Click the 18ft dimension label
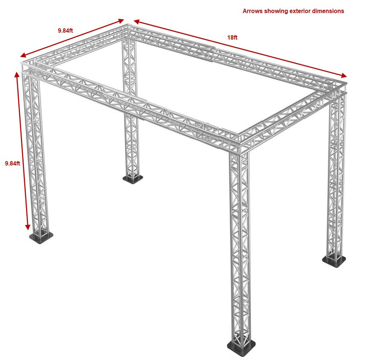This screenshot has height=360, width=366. (x=232, y=38)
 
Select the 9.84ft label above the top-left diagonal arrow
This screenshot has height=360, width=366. (x=65, y=30)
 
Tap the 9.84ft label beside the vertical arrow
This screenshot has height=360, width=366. (x=13, y=164)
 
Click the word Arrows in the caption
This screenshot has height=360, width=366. (x=253, y=11)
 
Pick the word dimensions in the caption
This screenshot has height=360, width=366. (x=328, y=11)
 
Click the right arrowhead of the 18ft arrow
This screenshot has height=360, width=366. (x=344, y=75)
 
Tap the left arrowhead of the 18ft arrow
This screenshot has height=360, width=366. (x=136, y=22)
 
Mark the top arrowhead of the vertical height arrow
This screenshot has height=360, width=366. (x=17, y=75)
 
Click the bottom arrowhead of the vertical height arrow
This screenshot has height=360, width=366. (x=28, y=227)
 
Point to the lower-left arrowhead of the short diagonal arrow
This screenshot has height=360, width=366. (x=23, y=55)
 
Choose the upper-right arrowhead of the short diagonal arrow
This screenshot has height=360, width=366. (x=121, y=21)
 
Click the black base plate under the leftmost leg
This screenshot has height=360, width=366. (x=41, y=238)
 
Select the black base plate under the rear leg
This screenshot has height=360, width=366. (x=133, y=179)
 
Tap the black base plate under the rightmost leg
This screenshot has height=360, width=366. (x=334, y=261)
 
